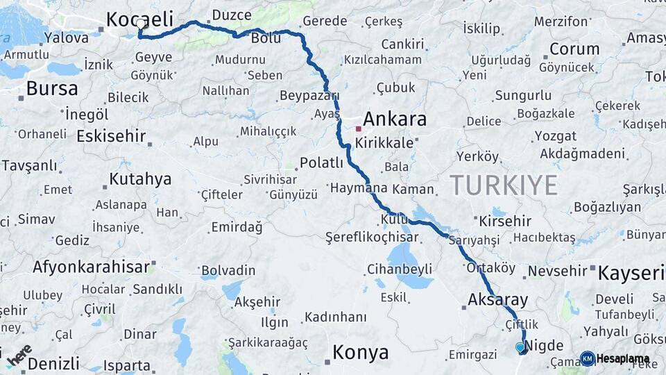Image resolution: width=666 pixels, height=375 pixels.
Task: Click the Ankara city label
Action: (x=395, y=119)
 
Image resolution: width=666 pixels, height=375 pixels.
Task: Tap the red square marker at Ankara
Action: (x=359, y=128)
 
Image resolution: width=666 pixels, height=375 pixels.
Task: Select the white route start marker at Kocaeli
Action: (x=142, y=24)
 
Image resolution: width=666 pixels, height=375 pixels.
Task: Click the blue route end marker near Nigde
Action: (x=520, y=347)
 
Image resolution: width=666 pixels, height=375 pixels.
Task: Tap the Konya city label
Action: (x=360, y=353)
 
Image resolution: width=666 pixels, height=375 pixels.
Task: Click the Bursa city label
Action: (x=52, y=89)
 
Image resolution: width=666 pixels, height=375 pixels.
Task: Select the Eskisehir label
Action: (x=112, y=136)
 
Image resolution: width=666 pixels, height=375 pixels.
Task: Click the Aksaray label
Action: (x=498, y=301)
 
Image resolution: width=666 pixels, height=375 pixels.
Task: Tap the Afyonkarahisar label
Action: (x=91, y=267)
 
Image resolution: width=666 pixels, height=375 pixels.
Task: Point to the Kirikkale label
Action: (x=384, y=143)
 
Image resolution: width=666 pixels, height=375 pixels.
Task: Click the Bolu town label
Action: (x=266, y=38)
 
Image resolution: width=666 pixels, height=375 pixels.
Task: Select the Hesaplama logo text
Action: (x=623, y=359)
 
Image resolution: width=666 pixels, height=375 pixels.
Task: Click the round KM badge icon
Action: (x=587, y=359)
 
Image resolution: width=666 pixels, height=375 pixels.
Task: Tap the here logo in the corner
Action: (x=19, y=355)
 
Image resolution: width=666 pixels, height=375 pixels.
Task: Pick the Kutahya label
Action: (x=140, y=180)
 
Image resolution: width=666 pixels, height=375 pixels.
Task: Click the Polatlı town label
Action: (x=321, y=163)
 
